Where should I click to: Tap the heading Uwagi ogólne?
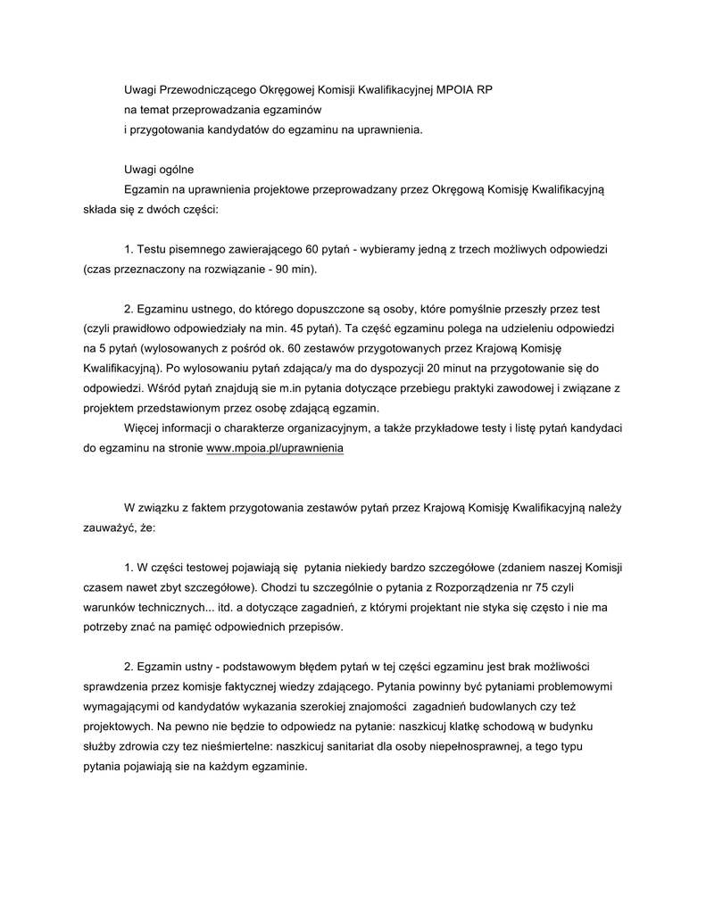tap(158, 169)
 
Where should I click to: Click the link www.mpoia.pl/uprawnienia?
tap(274, 449)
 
